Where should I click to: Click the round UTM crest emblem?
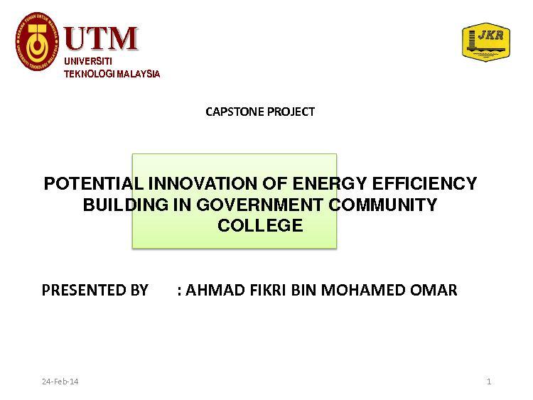(x=37, y=41)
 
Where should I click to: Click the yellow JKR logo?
(x=486, y=42)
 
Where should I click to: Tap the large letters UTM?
(x=101, y=38)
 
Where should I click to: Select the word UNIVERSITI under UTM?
(x=88, y=61)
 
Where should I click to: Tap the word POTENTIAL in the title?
(x=94, y=183)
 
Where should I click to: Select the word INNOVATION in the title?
(x=203, y=183)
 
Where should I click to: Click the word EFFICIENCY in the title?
(x=424, y=183)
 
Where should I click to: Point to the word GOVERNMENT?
(x=259, y=205)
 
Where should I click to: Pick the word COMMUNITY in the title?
(x=383, y=205)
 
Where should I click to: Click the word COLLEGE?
(x=260, y=225)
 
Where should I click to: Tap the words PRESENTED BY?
(x=95, y=290)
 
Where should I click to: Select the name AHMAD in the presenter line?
(x=215, y=290)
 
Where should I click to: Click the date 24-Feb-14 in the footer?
(x=60, y=382)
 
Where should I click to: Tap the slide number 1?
(x=489, y=382)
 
